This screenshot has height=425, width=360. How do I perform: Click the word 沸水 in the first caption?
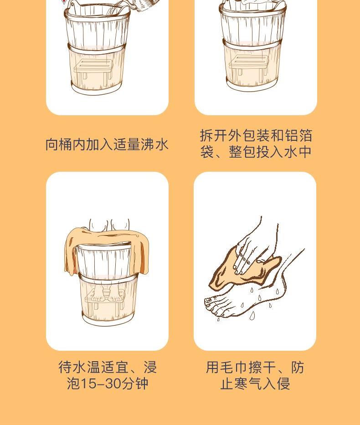click(154, 144)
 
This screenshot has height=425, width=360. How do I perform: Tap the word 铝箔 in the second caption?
click(298, 136)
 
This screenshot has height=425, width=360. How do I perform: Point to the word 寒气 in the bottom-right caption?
click(248, 384)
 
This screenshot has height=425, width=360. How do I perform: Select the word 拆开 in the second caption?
click(213, 136)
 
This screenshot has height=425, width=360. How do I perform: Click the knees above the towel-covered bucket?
click(110, 225)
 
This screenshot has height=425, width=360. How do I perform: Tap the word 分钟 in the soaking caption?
click(134, 384)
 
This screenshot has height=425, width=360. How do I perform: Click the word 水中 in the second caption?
click(298, 152)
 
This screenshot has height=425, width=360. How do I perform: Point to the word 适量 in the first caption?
click(127, 144)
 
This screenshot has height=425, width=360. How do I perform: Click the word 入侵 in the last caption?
click(276, 384)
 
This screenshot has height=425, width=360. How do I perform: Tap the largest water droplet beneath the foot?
click(252, 315)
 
